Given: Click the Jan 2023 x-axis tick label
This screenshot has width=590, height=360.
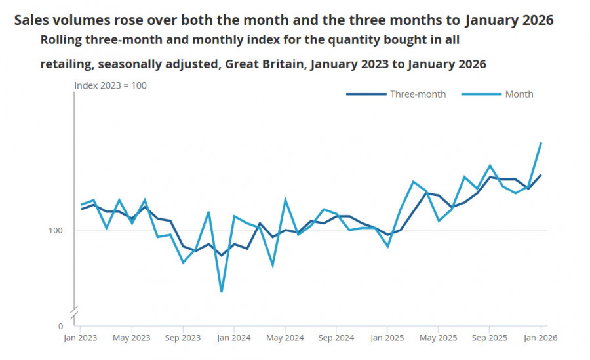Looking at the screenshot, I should pyautogui.click(x=80, y=338).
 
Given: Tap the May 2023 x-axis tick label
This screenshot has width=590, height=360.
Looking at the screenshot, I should pyautogui.click(x=131, y=338).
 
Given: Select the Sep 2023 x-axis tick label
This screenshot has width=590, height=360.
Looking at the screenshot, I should pyautogui.click(x=182, y=338).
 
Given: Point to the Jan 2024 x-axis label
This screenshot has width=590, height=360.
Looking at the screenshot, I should pyautogui.click(x=233, y=338).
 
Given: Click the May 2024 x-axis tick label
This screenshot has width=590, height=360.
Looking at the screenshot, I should pyautogui.click(x=285, y=338).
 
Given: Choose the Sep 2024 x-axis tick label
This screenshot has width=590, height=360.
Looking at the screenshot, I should pyautogui.click(x=336, y=338).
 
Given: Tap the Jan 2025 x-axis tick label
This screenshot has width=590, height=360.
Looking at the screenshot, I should pyautogui.click(x=387, y=338).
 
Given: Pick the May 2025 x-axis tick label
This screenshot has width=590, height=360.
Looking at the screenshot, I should pyautogui.click(x=438, y=338).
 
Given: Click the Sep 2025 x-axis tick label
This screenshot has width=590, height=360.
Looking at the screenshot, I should pyautogui.click(x=489, y=338).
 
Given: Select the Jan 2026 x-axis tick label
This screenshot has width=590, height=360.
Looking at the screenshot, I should pyautogui.click(x=540, y=338).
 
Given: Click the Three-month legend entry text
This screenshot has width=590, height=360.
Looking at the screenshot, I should pyautogui.click(x=418, y=94).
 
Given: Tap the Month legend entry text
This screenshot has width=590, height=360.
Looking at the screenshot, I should pyautogui.click(x=519, y=94).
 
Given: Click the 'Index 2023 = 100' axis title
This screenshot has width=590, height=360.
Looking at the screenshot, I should pyautogui.click(x=110, y=85).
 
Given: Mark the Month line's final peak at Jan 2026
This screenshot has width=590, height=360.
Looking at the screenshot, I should pyautogui.click(x=541, y=143).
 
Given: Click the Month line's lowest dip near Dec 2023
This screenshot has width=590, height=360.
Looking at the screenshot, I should pyautogui.click(x=222, y=292).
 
